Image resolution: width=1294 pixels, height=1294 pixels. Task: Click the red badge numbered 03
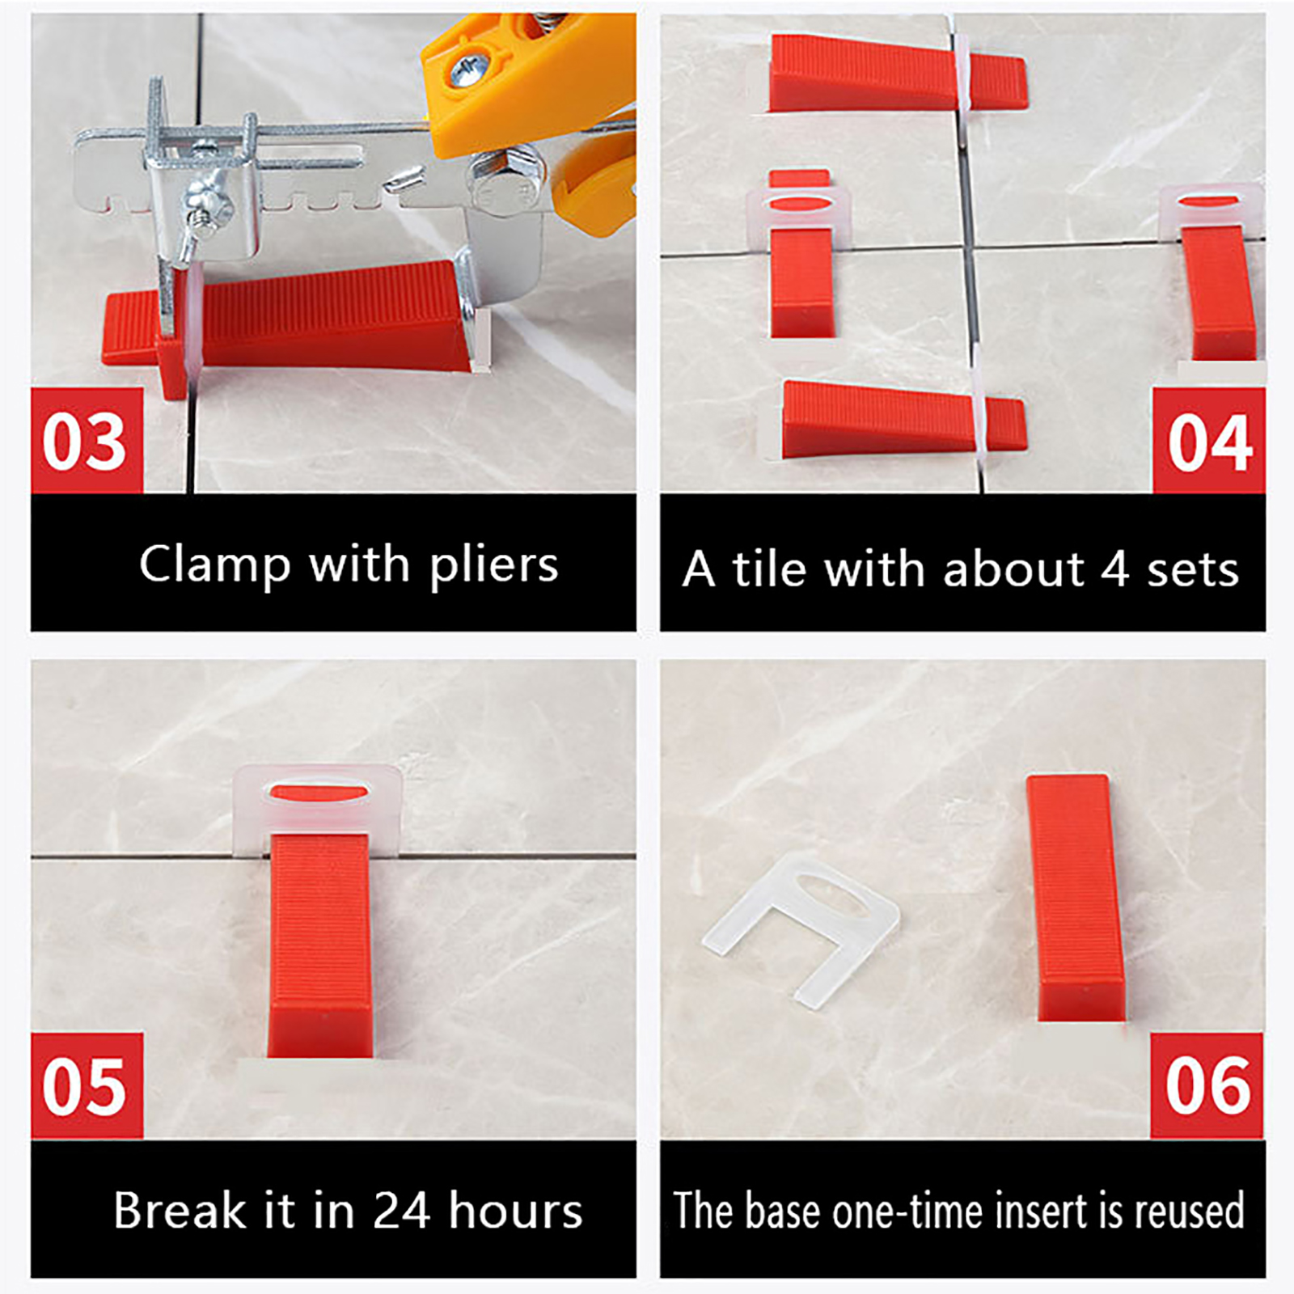tap(87, 440)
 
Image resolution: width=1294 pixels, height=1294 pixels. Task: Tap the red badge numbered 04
tap(1208, 440)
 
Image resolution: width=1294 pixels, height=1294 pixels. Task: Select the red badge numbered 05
tap(87, 1085)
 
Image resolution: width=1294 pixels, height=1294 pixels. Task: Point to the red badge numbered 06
tap(1207, 1085)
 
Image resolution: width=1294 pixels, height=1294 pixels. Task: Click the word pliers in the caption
tap(493, 565)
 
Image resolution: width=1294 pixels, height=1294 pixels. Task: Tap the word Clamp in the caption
tap(214, 565)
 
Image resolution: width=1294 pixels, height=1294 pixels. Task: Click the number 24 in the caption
tap(401, 1210)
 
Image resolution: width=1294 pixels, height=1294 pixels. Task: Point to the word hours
tap(515, 1210)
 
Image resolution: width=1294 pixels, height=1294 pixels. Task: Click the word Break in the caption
tap(180, 1210)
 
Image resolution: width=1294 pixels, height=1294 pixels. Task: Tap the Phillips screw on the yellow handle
tap(467, 70)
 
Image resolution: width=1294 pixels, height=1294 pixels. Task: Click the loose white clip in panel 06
tap(801, 930)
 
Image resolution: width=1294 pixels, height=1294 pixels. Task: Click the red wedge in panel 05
tap(319, 945)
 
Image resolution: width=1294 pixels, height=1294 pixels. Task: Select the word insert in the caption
tap(1041, 1211)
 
